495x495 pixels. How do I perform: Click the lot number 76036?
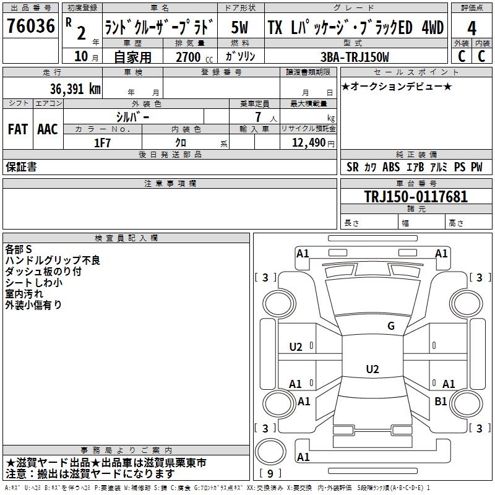(30, 26)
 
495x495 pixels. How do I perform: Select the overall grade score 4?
(471, 28)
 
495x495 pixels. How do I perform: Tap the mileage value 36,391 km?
(75, 88)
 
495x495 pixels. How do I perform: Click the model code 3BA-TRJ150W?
(355, 57)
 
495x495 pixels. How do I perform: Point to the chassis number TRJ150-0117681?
(416, 197)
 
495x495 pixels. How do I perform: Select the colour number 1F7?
(102, 143)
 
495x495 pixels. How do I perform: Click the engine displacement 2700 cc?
(194, 57)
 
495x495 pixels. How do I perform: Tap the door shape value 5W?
(239, 27)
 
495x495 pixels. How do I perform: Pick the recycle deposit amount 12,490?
(308, 143)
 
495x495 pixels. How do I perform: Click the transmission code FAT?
(18, 129)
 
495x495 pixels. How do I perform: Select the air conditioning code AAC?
(48, 129)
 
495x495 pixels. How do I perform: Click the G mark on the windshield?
(391, 325)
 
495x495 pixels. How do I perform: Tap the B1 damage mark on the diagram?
(441, 401)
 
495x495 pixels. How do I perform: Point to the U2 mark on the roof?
(372, 369)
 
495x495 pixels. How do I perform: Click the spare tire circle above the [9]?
(270, 452)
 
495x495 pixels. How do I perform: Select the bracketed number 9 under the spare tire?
(270, 473)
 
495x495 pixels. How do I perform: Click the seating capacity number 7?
(258, 117)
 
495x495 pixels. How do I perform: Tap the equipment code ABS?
(391, 167)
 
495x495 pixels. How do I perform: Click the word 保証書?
(21, 167)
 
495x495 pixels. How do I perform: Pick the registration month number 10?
(81, 56)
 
